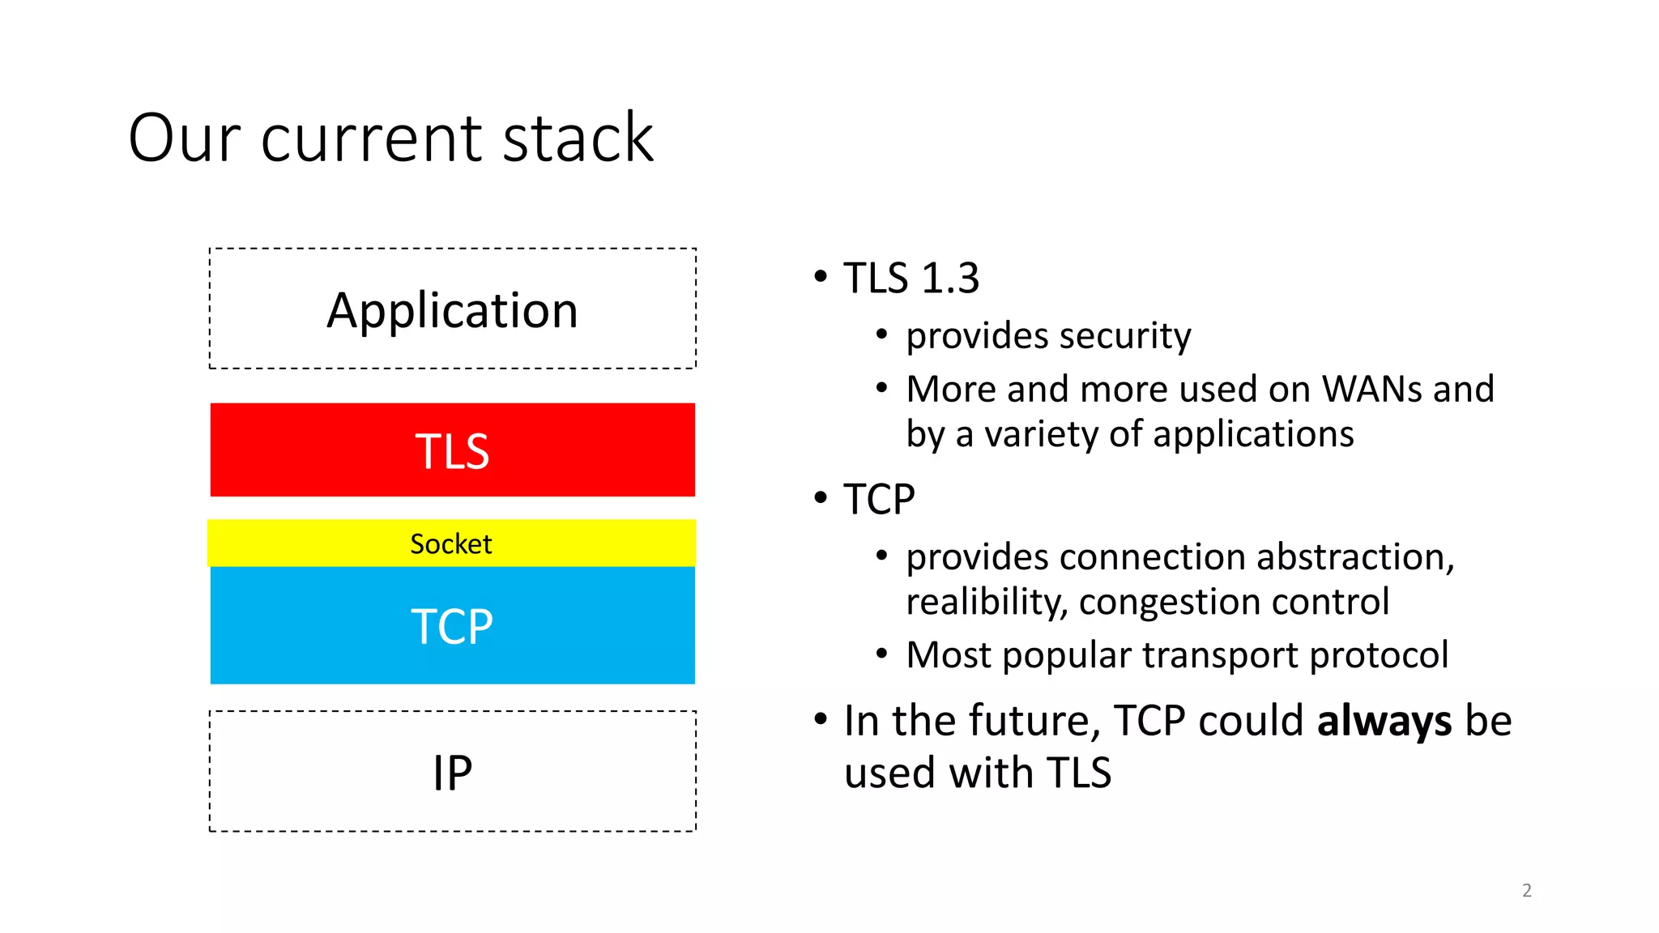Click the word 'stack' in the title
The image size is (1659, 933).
578,138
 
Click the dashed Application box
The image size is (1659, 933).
452,309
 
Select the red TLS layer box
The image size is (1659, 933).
452,450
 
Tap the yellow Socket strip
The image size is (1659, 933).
451,543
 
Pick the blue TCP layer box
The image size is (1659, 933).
452,626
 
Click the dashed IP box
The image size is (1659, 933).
452,772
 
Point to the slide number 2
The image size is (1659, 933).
1526,891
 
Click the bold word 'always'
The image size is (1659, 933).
1384,721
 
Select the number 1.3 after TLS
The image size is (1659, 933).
950,279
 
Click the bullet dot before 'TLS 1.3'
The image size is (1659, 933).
821,277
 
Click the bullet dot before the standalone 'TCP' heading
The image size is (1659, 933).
821,497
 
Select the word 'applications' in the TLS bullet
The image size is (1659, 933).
1252,435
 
